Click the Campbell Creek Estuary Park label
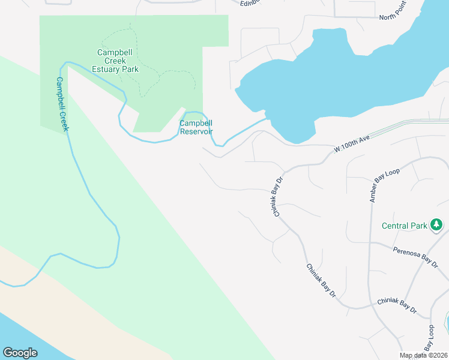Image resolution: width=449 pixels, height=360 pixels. (118, 61)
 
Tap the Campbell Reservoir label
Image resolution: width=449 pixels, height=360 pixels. (196, 127)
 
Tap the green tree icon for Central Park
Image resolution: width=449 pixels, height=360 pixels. (436, 226)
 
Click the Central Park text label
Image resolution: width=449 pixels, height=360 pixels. (405, 226)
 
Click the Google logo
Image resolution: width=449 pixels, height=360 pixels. (20, 353)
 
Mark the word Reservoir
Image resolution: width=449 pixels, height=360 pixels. (196, 131)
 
